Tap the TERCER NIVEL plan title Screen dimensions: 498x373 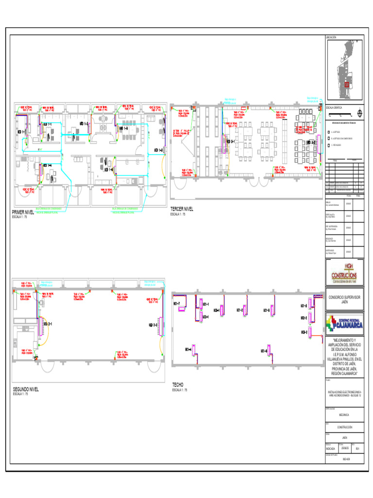[182, 209]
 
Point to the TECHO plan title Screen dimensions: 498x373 [178, 385]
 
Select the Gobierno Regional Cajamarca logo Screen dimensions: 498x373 [344, 322]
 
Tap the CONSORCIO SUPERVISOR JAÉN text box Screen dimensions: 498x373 [344, 299]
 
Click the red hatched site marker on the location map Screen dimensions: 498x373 [346, 85]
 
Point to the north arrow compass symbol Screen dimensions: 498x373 [359, 113]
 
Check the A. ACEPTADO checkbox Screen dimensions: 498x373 [329, 132]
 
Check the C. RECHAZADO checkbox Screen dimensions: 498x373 [329, 145]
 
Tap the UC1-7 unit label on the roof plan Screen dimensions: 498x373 [176, 304]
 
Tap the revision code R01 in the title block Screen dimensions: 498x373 [357, 448]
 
